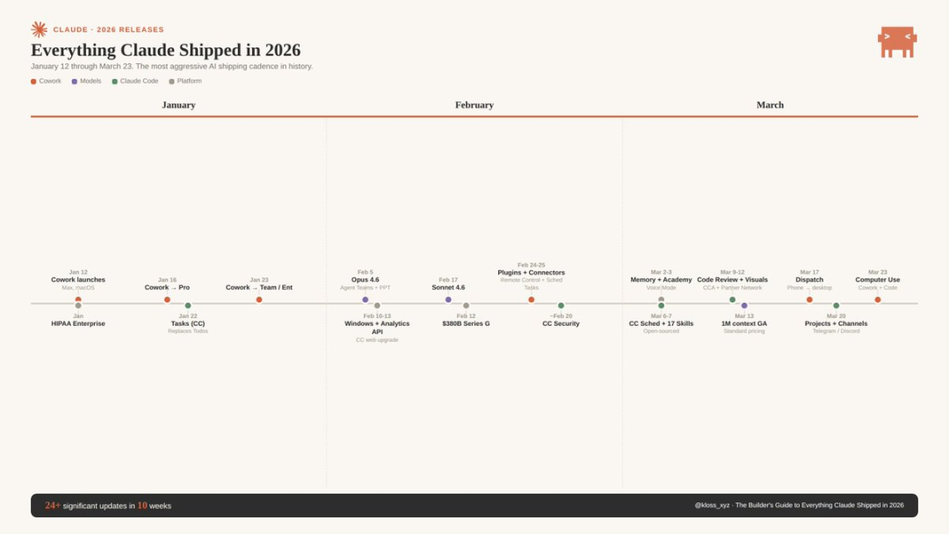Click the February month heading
[474, 105]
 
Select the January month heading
[178, 105]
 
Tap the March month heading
[770, 105]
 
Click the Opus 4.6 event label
[366, 280]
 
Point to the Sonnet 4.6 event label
[448, 287]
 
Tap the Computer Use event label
[877, 280]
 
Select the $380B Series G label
[466, 324]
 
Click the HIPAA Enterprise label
[78, 324]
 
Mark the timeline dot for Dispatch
[809, 299]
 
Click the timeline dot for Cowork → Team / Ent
[259, 299]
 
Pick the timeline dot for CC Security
[561, 306]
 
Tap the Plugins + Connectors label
[531, 273]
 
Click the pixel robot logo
[896, 41]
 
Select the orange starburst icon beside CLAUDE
[39, 30]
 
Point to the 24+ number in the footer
[53, 506]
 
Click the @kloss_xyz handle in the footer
[712, 506]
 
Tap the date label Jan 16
[167, 280]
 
